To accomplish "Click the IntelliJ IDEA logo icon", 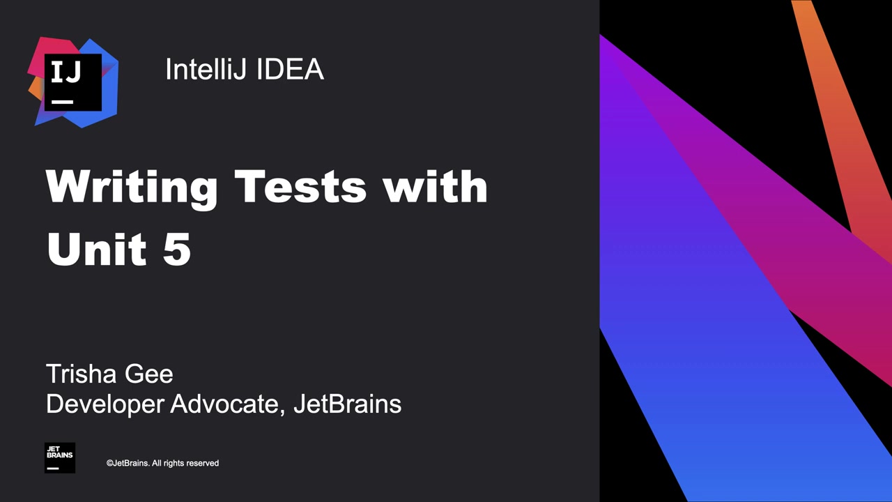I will (73, 82).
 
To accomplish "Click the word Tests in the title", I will (300, 187).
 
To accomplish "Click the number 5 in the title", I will (177, 248).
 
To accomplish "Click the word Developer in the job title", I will (105, 404).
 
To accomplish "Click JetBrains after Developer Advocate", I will (347, 404).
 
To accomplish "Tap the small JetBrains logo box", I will (60, 457).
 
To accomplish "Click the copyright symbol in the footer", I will (110, 463).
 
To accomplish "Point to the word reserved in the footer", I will (202, 463).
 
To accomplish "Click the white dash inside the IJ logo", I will (62, 102).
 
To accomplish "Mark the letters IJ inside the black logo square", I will (66, 73).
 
